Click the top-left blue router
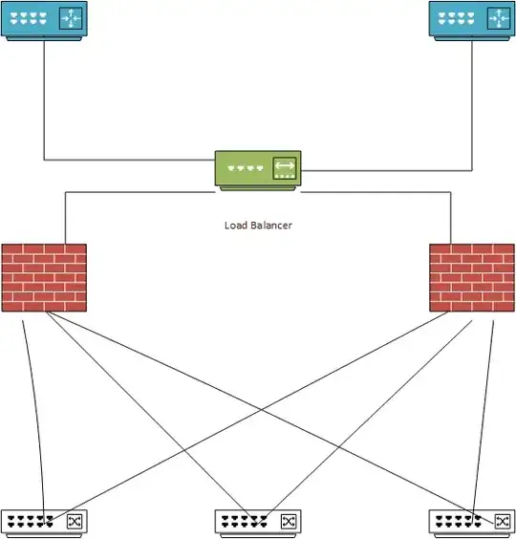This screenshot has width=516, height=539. pos(44,21)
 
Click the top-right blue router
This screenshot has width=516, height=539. pos(472,21)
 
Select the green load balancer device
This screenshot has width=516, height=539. pos(258,170)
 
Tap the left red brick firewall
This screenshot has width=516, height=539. pos(44,278)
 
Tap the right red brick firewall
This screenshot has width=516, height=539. pos(472,278)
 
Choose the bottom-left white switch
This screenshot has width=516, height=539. pos(44,524)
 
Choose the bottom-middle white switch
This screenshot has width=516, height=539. pos(258,524)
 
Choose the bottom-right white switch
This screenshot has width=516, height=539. pos(472,524)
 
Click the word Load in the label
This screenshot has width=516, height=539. pos(236,226)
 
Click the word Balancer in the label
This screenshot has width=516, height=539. pos(271,226)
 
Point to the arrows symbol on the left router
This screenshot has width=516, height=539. pos(71,18)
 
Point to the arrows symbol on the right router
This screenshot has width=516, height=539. pos(499,18)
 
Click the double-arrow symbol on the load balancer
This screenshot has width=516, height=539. pos(285,168)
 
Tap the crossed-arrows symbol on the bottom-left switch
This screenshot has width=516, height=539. pos(75,522)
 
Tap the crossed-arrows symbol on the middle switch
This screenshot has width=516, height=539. pos(288,522)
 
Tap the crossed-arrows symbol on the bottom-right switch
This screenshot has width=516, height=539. pos(502,522)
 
